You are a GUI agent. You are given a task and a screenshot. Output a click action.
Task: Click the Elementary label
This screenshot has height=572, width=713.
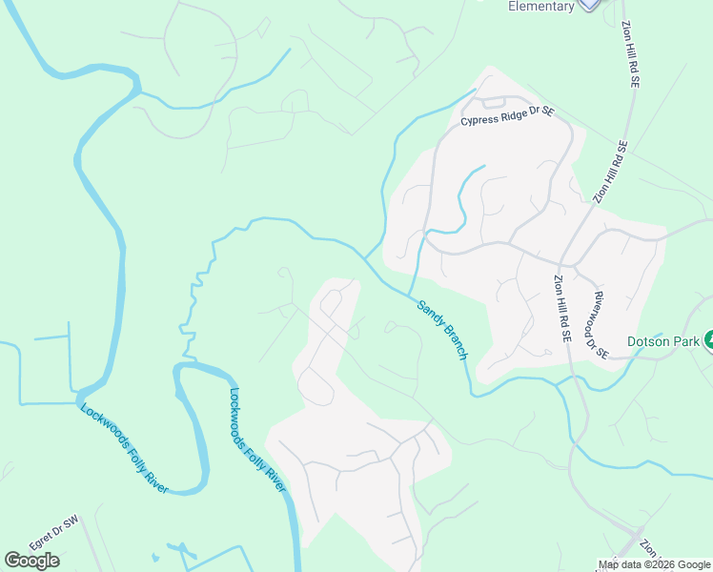click(540, 7)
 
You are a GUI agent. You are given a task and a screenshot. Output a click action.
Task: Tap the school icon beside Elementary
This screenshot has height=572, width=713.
click(591, 4)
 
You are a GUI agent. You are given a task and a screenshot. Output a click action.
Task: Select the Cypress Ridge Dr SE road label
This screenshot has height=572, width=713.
click(507, 116)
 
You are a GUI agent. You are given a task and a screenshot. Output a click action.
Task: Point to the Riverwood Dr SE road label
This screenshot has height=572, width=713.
click(600, 325)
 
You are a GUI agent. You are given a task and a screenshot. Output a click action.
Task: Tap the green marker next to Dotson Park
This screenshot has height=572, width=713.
click(708, 340)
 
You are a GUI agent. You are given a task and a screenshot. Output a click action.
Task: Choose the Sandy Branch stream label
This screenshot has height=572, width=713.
click(442, 330)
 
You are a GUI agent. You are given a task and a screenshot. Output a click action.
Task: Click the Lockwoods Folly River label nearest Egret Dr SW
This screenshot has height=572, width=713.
click(124, 449)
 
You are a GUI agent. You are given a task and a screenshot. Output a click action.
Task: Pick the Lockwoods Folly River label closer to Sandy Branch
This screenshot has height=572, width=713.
click(257, 439)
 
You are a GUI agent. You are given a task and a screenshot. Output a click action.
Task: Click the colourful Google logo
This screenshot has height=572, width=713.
click(31, 561)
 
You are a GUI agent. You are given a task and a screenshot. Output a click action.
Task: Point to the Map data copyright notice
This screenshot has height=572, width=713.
click(655, 564)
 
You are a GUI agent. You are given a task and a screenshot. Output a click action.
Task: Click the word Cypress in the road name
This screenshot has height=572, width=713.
click(479, 120)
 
